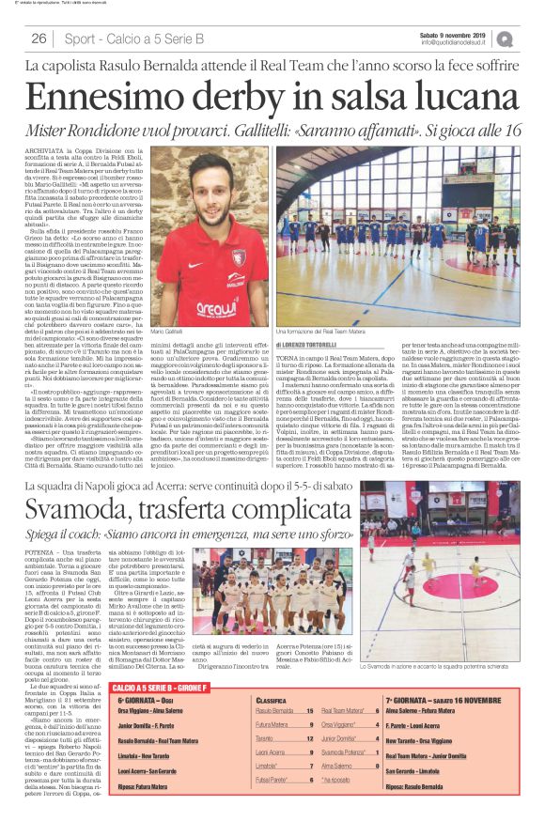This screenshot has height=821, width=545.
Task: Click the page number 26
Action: [39, 39]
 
